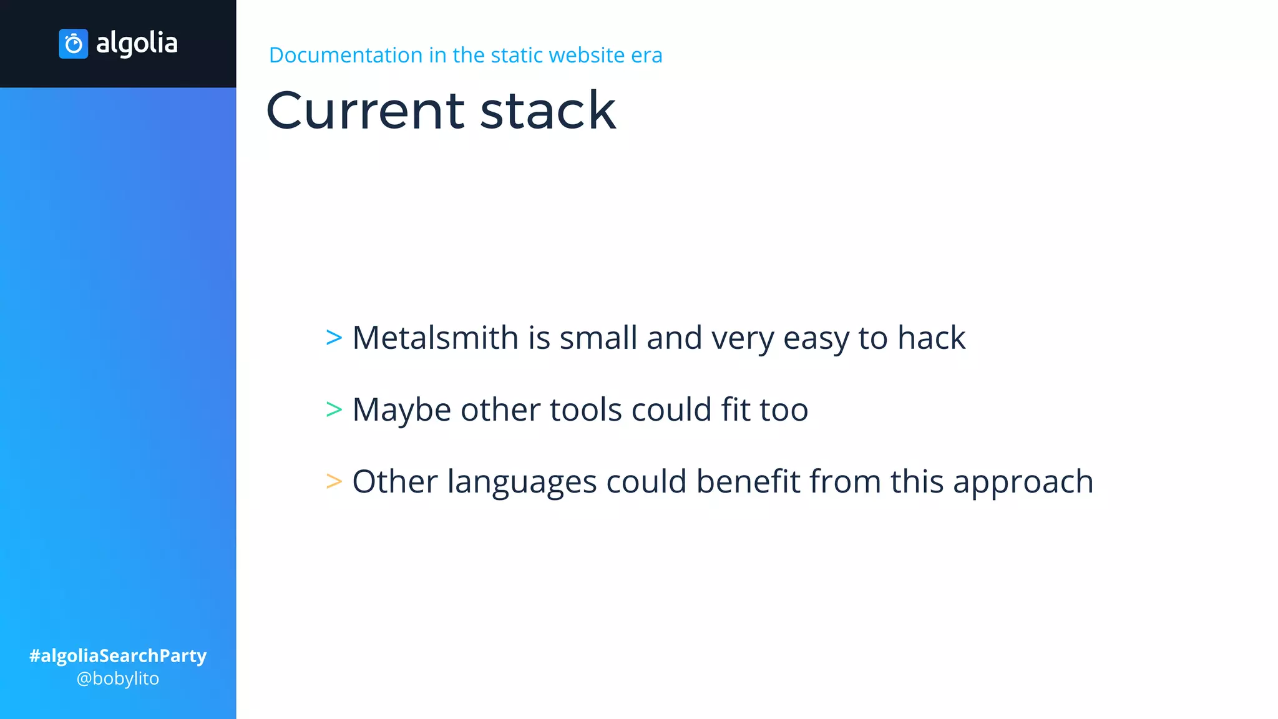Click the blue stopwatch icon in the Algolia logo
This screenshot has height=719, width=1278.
73,44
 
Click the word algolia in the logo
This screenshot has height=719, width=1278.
137,44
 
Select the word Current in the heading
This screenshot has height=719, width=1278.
366,110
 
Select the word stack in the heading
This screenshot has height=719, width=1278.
548,110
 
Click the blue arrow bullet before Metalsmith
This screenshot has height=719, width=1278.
334,338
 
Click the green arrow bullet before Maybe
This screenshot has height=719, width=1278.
334,410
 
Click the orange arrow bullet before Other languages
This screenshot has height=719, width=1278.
334,482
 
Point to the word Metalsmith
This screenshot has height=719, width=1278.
435,338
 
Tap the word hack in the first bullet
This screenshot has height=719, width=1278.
931,338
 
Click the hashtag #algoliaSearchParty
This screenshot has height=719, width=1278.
118,656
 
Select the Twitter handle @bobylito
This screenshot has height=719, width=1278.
118,678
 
